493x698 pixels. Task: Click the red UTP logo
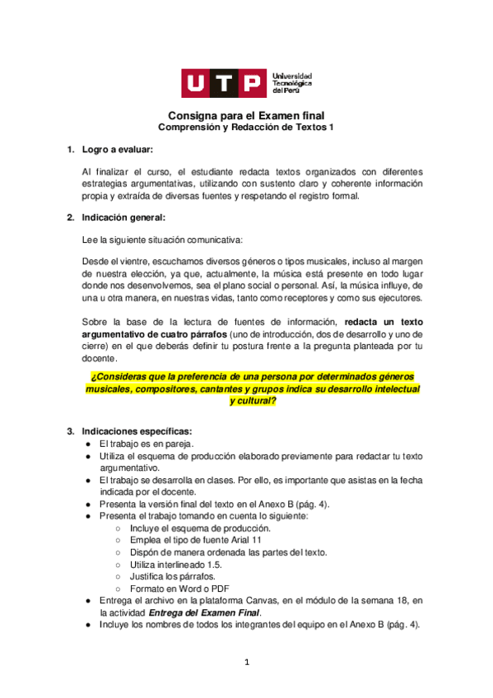point(224,83)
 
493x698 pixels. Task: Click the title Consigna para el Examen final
point(246,116)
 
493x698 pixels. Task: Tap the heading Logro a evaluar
point(117,149)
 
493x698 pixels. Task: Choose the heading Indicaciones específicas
point(137,431)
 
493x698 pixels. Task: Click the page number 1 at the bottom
point(246,662)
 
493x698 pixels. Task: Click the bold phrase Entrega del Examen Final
point(205,612)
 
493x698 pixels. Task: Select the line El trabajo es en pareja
point(146,444)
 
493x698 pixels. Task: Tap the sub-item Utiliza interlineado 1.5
point(176,564)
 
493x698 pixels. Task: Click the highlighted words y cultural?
point(253,401)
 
